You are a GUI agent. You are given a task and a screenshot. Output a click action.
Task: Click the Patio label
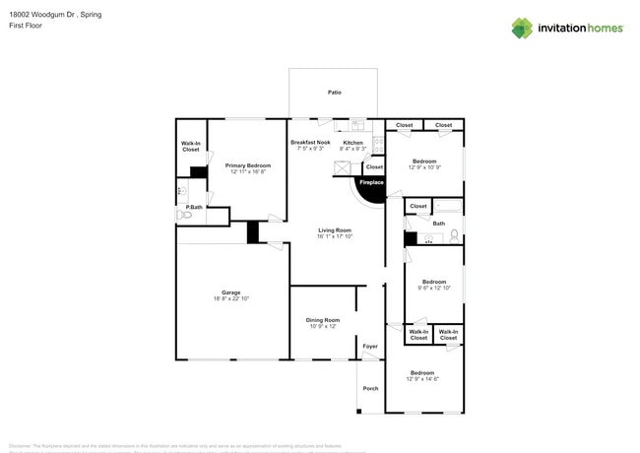335,93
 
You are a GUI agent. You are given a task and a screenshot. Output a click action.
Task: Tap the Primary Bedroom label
248,164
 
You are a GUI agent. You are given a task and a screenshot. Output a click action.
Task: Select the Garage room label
231,292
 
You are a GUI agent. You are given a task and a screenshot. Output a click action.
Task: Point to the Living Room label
335,230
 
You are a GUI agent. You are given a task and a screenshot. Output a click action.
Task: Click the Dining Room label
322,320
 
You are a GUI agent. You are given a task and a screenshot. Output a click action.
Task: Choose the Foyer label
370,347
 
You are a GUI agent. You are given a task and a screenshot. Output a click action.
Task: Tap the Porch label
370,388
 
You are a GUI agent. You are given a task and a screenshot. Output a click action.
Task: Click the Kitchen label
352,143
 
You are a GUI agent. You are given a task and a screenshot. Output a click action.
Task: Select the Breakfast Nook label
310,143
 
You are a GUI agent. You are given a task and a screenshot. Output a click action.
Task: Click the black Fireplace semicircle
371,189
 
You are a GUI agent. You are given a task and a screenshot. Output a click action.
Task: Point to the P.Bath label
194,207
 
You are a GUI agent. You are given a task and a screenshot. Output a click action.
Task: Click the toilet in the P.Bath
182,215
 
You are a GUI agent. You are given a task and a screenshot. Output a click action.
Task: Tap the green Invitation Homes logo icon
522,28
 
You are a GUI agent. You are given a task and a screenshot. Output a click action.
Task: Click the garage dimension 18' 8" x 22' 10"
231,298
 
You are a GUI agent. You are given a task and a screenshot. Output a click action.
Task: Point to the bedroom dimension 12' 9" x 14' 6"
422,378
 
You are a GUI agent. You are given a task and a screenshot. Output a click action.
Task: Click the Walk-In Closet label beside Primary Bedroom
190,147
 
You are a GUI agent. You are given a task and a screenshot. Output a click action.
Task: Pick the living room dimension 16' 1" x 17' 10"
335,236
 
